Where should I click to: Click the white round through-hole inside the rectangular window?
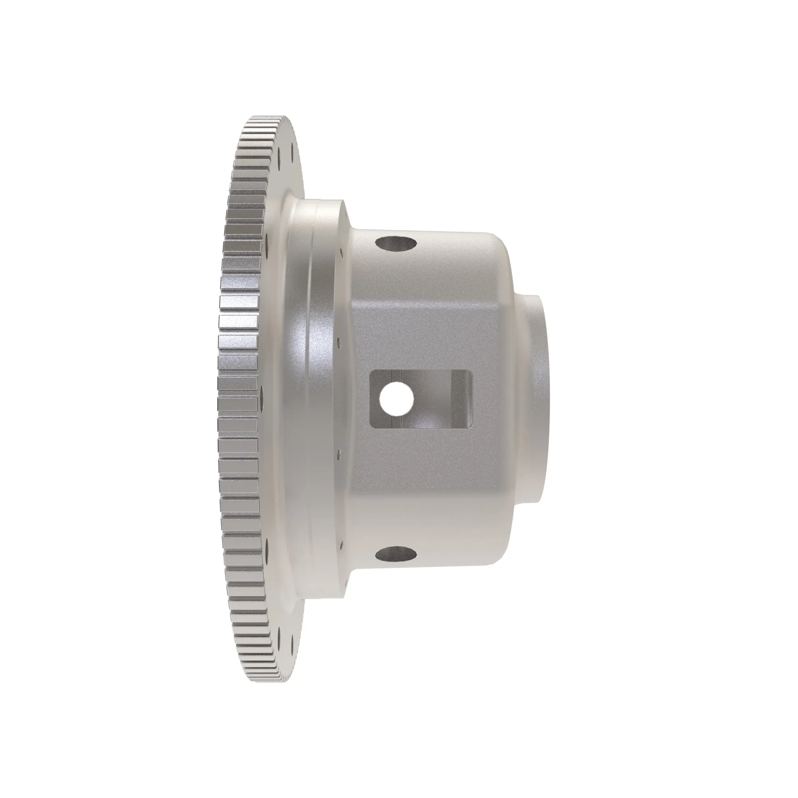[x=396, y=398]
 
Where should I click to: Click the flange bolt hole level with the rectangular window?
[x=261, y=398]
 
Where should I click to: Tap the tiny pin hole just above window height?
[x=339, y=342]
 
